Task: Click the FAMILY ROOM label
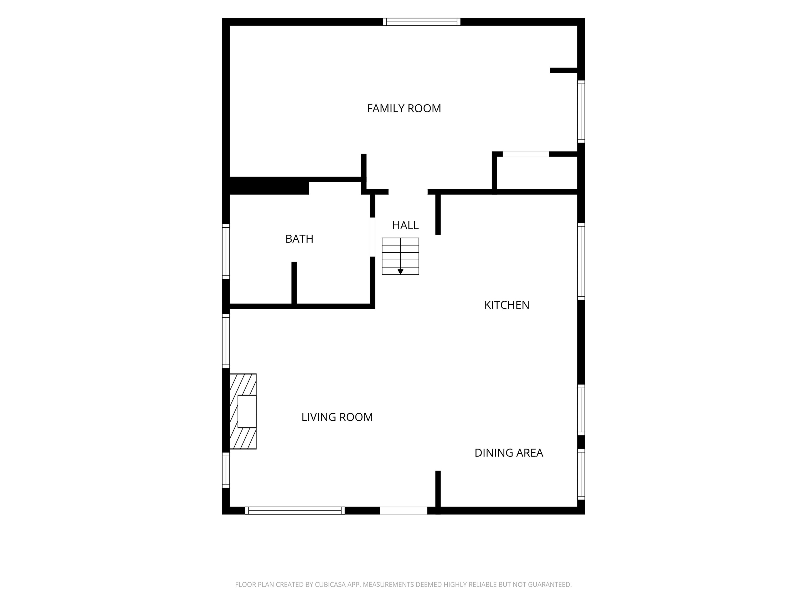coord(404,108)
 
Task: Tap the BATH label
coord(299,239)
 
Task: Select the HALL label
coord(405,225)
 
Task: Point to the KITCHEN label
coord(507,305)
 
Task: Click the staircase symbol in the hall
coord(400,256)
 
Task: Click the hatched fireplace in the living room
coord(243,411)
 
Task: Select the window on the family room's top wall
coord(422,22)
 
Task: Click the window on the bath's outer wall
coord(226,252)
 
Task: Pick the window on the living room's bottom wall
coord(295,510)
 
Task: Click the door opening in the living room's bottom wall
coord(403,510)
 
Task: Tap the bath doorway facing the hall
coord(373,237)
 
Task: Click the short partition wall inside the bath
coord(294,283)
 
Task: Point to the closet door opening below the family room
coord(526,154)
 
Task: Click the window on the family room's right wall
coord(581,112)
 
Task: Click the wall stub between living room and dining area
coord(438,489)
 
